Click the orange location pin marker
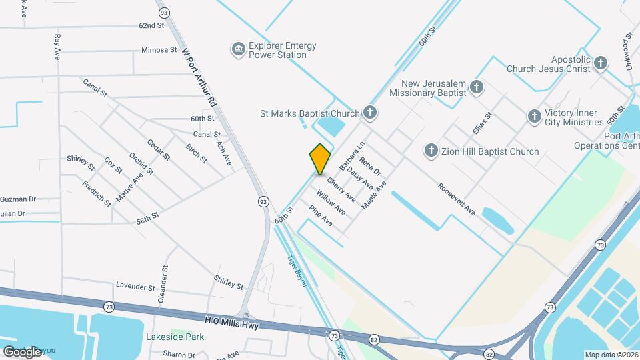pos(320,159)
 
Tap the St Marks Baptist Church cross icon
pos(370,113)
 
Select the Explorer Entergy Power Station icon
pos(237,49)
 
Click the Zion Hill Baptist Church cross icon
pos(431,151)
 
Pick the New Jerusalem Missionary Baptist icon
pos(476,87)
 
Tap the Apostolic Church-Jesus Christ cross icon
pos(601,63)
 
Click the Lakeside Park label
pos(175,337)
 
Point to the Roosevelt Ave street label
pos(457,199)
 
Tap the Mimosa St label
pos(159,50)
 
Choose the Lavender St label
pos(135,287)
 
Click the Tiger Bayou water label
pos(297,271)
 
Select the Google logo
pos(22,351)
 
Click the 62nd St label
pos(151,25)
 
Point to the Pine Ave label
pos(320,215)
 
